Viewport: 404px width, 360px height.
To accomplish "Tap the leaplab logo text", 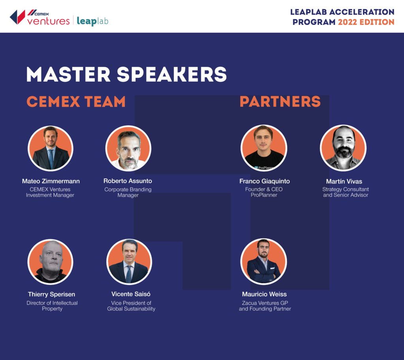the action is click(92, 21).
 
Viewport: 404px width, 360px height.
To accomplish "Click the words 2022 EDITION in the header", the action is click(366, 22).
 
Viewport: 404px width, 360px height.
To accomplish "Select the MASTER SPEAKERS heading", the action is click(127, 74).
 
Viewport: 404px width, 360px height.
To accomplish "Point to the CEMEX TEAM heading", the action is click(76, 101).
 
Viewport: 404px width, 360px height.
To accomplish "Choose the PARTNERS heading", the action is click(281, 101).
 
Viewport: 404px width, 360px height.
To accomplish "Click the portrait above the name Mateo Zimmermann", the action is click(50, 148).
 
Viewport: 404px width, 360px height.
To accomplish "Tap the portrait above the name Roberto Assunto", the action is click(128, 148).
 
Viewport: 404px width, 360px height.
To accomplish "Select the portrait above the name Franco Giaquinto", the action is click(264, 148).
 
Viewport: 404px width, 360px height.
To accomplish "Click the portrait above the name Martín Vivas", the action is click(343, 148).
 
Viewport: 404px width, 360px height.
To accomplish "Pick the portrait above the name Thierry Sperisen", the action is click(50, 262).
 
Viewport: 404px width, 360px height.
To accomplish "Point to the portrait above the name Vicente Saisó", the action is click(129, 262).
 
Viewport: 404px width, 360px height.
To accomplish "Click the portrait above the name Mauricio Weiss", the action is click(264, 261).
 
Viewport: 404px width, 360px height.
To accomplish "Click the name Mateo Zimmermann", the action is click(51, 181).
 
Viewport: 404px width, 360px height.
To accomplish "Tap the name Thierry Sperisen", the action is click(52, 294).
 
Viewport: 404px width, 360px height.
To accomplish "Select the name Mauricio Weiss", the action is click(264, 294).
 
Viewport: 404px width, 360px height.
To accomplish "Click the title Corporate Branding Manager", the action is click(128, 192).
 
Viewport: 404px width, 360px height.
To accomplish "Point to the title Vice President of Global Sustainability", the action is click(131, 306).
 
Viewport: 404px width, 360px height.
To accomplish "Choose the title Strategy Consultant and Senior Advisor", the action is click(346, 192).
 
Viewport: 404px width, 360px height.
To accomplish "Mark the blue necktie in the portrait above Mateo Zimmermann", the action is click(51, 159).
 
